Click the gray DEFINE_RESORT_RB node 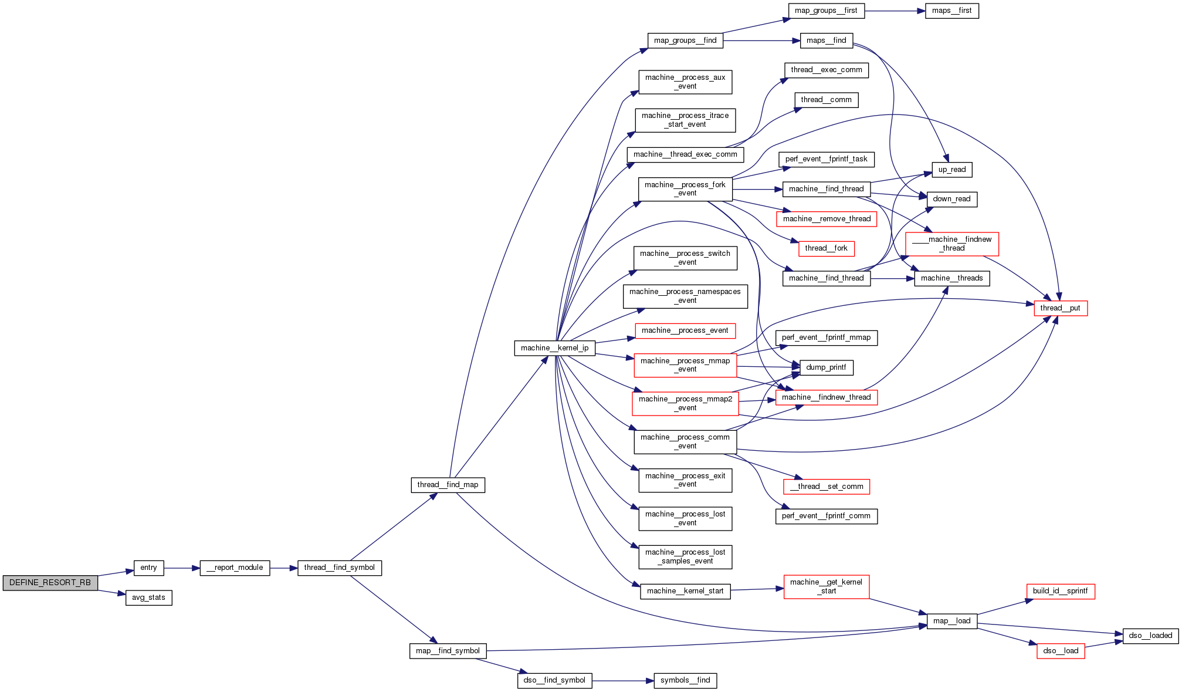click(50, 583)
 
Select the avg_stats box click(148, 598)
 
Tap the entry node click(148, 568)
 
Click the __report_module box click(235, 568)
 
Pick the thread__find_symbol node click(339, 568)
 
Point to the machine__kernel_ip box click(554, 348)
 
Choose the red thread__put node click(1060, 308)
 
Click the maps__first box click(951, 11)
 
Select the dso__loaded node click(1150, 636)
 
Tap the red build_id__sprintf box click(1060, 591)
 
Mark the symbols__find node click(685, 680)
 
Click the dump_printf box click(826, 367)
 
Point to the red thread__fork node click(826, 248)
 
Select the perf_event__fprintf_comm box click(826, 516)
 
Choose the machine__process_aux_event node click(685, 82)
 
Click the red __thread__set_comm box click(826, 487)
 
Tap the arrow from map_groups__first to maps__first click(895, 11)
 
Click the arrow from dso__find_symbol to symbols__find click(622, 681)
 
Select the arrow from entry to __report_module click(182, 568)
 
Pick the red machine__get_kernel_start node click(826, 586)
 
